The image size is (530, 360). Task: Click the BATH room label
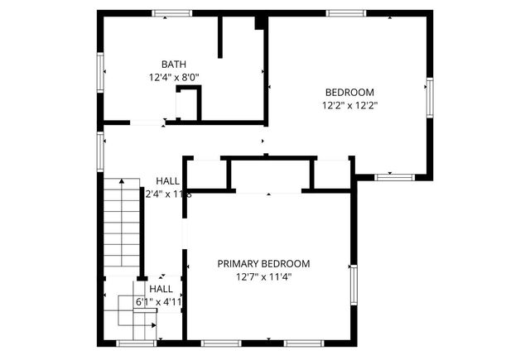pyautogui.click(x=174, y=64)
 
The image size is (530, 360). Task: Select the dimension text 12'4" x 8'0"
pyautogui.click(x=174, y=77)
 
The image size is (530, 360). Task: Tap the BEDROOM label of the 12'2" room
pyautogui.click(x=349, y=92)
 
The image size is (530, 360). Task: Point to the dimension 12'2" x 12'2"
pyautogui.click(x=349, y=105)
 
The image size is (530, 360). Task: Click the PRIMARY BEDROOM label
pyautogui.click(x=263, y=264)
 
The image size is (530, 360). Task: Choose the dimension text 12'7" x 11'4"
pyautogui.click(x=263, y=277)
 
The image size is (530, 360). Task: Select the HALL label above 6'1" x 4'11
pyautogui.click(x=161, y=289)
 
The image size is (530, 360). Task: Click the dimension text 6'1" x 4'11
pyautogui.click(x=159, y=302)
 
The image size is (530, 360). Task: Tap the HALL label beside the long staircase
pyautogui.click(x=168, y=181)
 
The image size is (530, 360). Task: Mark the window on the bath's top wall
pyautogui.click(x=172, y=13)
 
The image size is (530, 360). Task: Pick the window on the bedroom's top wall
pyautogui.click(x=345, y=13)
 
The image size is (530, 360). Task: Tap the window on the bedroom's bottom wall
pyautogui.click(x=394, y=176)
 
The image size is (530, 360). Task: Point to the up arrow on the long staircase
pyautogui.click(x=122, y=185)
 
